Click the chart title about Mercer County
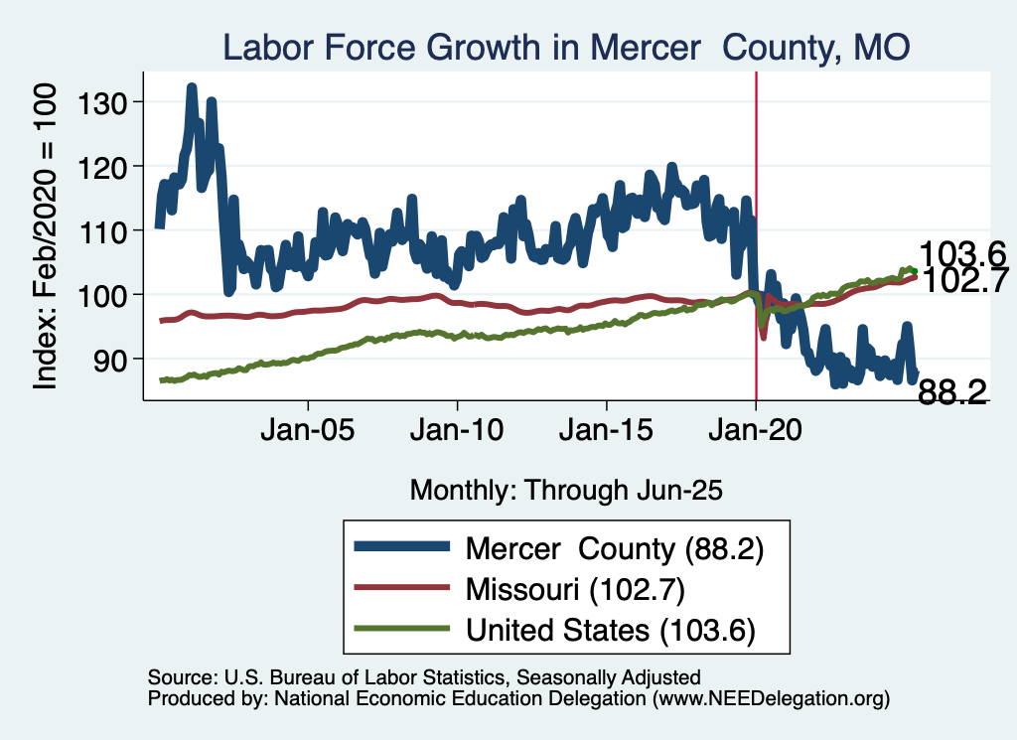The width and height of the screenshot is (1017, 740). tap(566, 47)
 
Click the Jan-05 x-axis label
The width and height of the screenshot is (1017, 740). tap(308, 433)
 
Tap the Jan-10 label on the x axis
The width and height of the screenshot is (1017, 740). tap(457, 433)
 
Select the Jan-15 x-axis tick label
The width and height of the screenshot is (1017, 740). tap(607, 433)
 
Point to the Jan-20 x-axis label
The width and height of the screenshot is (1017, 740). tap(756, 433)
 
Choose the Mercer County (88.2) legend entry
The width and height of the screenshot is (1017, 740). tap(614, 548)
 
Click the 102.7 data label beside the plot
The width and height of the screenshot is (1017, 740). tap(962, 280)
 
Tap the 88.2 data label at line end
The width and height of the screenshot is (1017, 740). tap(951, 393)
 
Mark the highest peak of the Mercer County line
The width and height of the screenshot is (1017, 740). tap(192, 87)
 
